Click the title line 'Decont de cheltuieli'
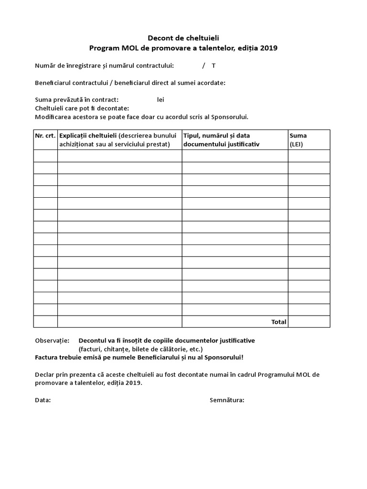pyautogui.click(x=183, y=38)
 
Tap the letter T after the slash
pyautogui.click(x=214, y=65)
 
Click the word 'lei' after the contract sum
pyautogui.click(x=161, y=100)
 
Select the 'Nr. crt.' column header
pyautogui.click(x=45, y=136)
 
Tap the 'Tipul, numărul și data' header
pyautogui.click(x=216, y=136)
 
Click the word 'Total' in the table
pyautogui.click(x=279, y=322)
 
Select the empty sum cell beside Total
pyautogui.click(x=309, y=322)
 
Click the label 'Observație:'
pyautogui.click(x=52, y=340)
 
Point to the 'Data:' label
pyautogui.click(x=43, y=400)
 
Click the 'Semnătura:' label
pyautogui.click(x=227, y=400)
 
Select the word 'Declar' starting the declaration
pyautogui.click(x=45, y=374)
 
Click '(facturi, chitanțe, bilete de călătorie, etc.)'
pyautogui.click(x=140, y=349)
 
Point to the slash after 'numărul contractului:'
pyautogui.click(x=203, y=65)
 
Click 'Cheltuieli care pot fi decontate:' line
pyautogui.click(x=82, y=108)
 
